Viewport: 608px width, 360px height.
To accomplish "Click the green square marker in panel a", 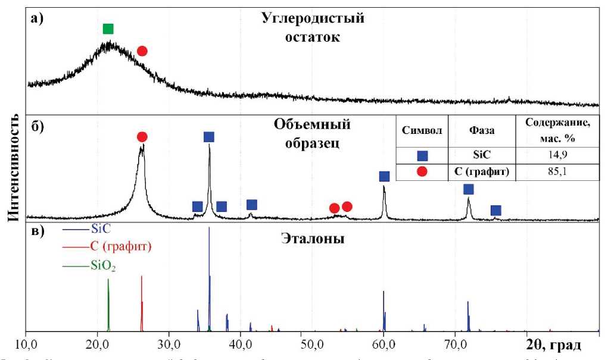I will [108, 29].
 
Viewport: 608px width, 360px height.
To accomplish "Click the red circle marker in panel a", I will [142, 51].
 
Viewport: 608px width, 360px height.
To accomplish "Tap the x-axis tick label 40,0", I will [240, 344].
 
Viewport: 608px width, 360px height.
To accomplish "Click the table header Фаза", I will [483, 131].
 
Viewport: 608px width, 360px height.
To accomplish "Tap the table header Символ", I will [422, 131].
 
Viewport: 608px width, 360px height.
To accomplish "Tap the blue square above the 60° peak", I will [384, 176].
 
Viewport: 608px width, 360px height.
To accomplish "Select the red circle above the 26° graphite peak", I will [142, 137].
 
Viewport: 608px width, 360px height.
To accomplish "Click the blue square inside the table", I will [422, 156].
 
